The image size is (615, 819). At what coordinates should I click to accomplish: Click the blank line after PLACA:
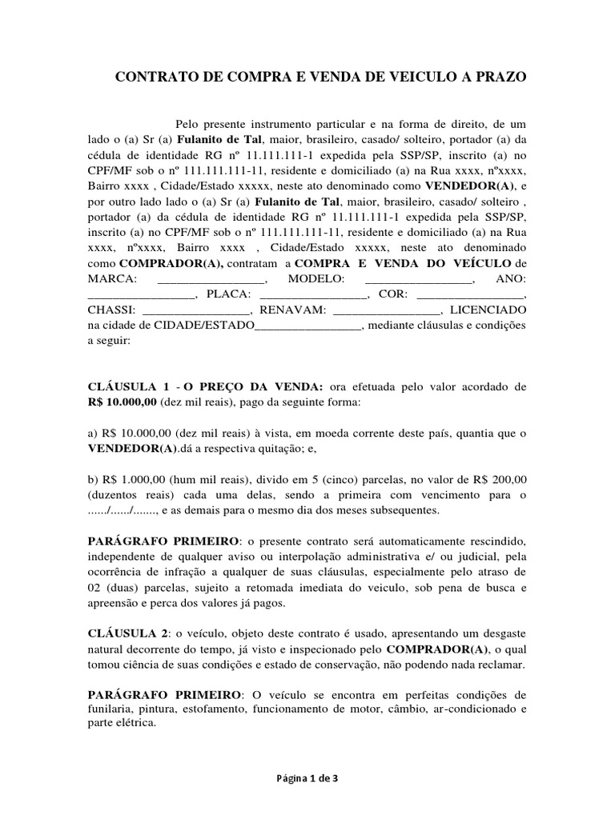point(313,293)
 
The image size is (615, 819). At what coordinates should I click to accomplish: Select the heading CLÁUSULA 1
point(128,386)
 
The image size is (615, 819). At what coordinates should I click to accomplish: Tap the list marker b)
point(93,480)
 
